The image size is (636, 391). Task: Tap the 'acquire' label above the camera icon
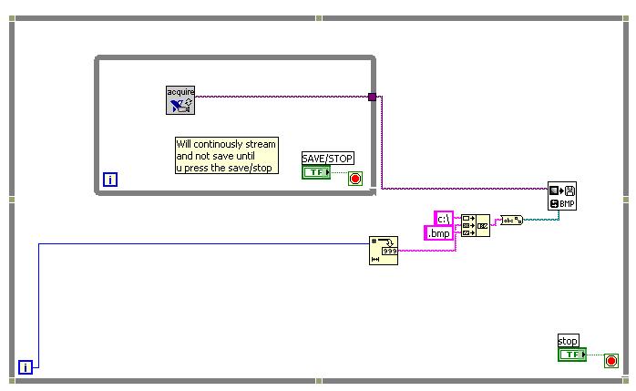pos(180,91)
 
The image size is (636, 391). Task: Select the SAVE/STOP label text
pos(327,159)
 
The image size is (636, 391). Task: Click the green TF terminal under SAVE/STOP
pos(316,172)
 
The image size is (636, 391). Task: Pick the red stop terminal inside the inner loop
pos(354,179)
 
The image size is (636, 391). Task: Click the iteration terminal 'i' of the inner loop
pos(110,180)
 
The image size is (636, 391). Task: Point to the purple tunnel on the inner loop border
pos(372,97)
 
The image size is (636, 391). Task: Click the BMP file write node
pos(562,196)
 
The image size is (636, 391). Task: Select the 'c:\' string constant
pos(443,219)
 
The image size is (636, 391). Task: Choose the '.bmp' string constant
pos(438,233)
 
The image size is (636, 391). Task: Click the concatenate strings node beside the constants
pos(475,225)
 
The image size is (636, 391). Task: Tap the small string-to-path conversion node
pos(511,220)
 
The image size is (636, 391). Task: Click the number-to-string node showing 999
pos(384,250)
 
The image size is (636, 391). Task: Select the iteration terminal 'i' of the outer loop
pos(26,367)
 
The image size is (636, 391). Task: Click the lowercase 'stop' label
pos(568,341)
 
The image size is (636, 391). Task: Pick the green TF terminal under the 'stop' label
pos(572,355)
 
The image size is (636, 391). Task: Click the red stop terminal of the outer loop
pos(610,361)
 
